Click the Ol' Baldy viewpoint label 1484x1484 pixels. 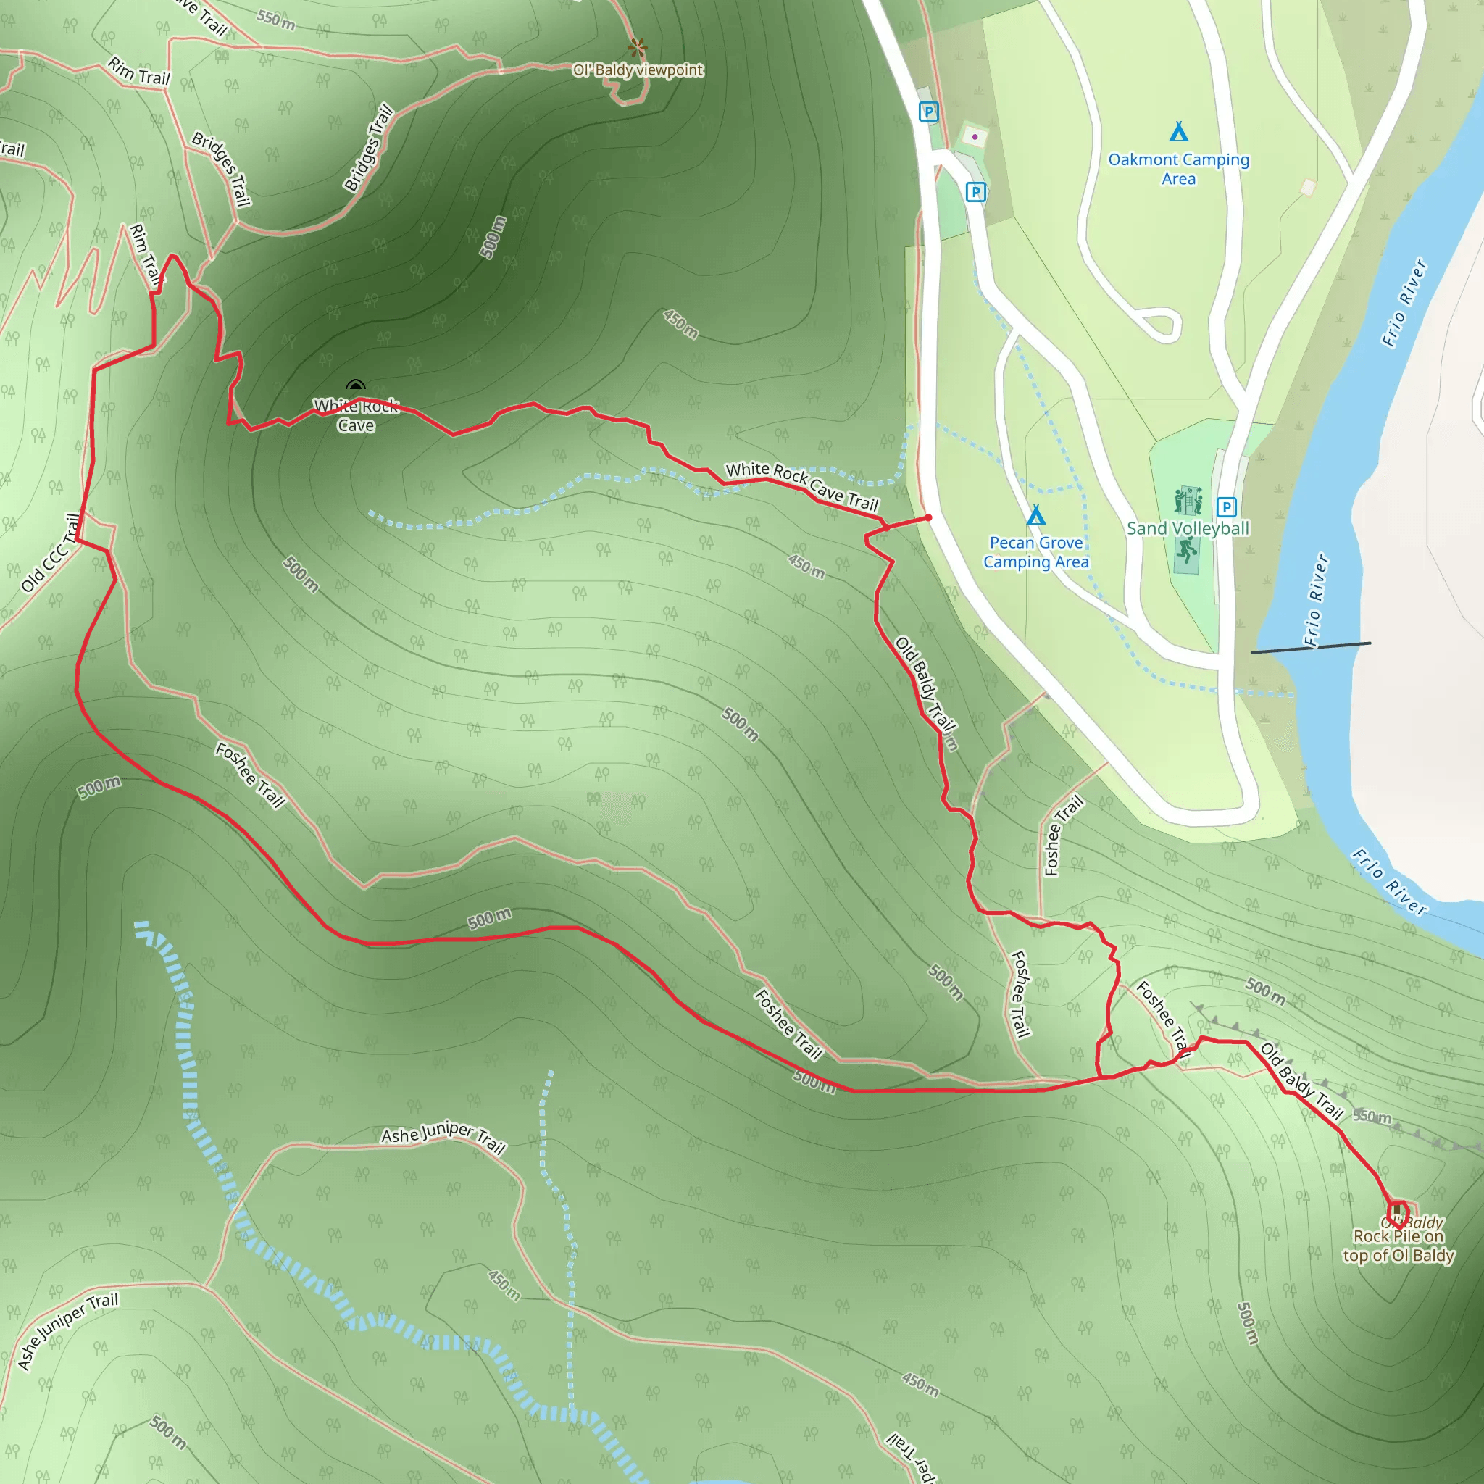click(638, 70)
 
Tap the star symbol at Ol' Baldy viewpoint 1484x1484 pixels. click(637, 48)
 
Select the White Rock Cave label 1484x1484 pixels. click(356, 415)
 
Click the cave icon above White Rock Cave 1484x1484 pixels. click(356, 386)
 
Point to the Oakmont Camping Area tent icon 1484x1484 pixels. click(1178, 132)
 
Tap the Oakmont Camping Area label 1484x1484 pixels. click(1178, 169)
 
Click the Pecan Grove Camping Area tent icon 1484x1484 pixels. click(1035, 514)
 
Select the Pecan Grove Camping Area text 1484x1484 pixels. click(1035, 552)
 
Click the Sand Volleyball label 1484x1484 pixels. click(1188, 528)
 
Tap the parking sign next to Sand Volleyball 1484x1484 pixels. click(1226, 507)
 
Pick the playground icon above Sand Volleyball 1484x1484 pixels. click(1188, 501)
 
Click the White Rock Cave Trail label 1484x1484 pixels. click(801, 485)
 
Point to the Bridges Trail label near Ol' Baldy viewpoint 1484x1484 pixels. click(369, 148)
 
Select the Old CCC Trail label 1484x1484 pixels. click(51, 553)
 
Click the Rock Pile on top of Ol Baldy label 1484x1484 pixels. click(1398, 1246)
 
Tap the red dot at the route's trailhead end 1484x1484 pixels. click(929, 517)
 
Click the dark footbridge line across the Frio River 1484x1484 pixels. click(1310, 648)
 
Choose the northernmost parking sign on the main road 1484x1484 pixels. click(929, 112)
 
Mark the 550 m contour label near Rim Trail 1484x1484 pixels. click(276, 20)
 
